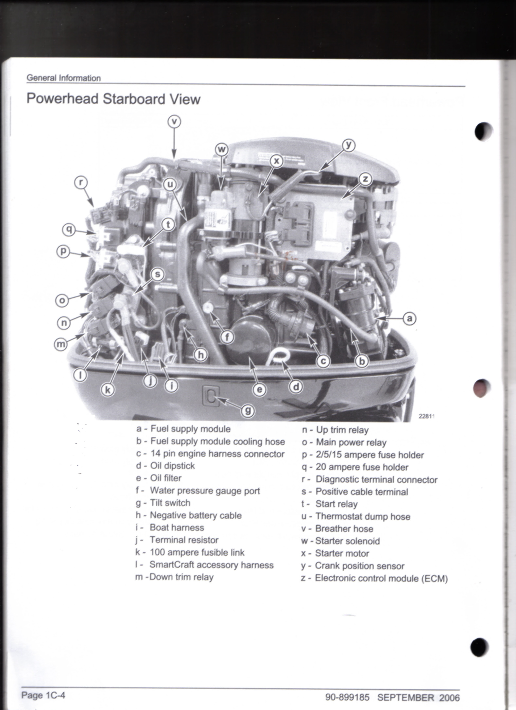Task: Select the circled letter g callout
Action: pos(248,410)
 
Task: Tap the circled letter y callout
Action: pos(348,145)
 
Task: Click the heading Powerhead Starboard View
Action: pos(113,99)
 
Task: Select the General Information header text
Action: pos(64,78)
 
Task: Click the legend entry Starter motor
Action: pos(335,553)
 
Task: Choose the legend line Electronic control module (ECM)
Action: pos(375,578)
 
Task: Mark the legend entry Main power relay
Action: pos(344,442)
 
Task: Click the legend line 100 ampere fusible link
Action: pos(190,553)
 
